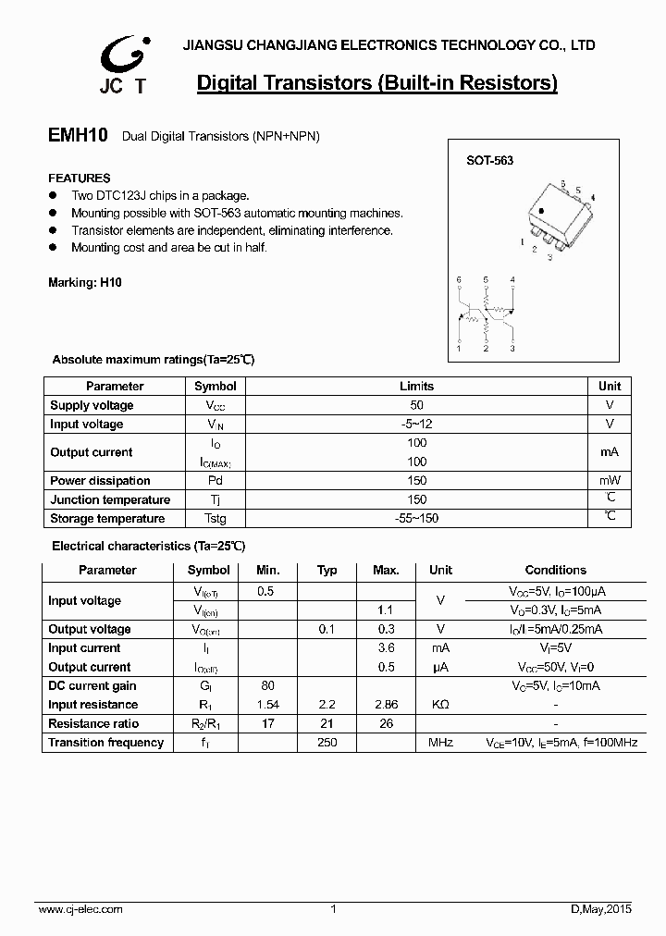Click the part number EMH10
click(78, 136)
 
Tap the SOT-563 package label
click(489, 160)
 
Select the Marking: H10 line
click(84, 283)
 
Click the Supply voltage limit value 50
click(416, 405)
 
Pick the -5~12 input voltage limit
click(416, 425)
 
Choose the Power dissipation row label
click(100, 481)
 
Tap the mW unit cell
click(610, 481)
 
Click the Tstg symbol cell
click(215, 519)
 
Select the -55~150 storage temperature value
click(416, 519)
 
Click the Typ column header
click(327, 571)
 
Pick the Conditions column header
click(555, 571)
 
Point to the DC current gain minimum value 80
click(267, 686)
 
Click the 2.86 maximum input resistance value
click(385, 705)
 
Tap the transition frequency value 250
click(327, 743)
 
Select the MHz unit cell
click(440, 743)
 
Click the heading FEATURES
click(79, 178)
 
